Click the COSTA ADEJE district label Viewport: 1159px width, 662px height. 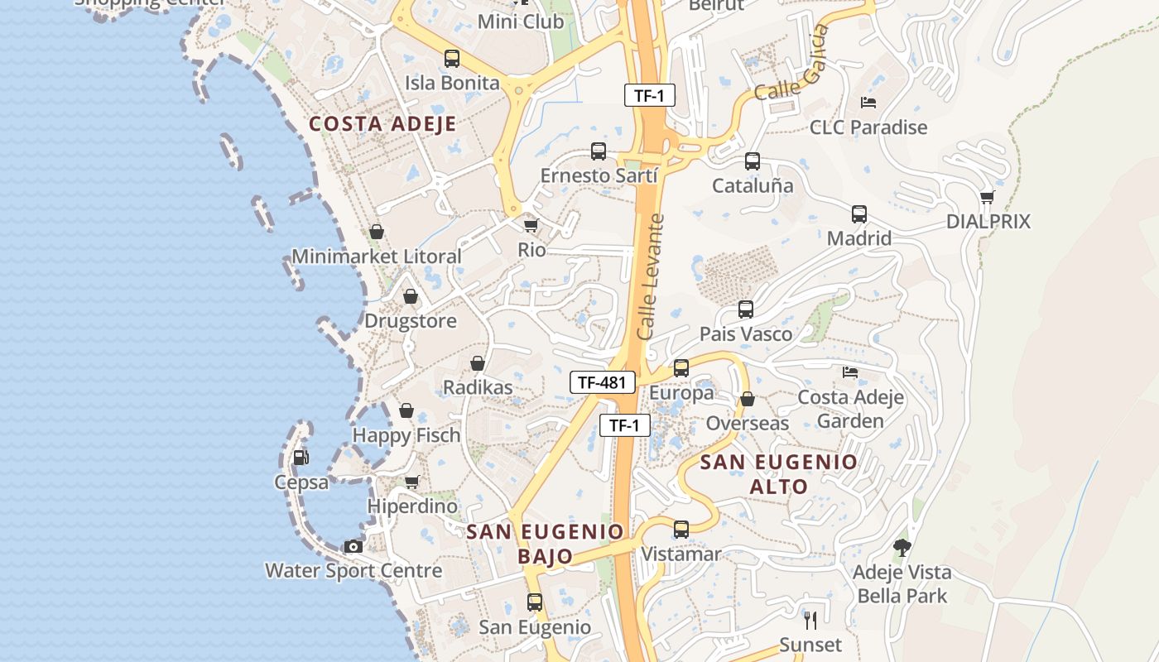tap(382, 124)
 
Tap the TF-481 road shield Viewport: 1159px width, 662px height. tap(602, 382)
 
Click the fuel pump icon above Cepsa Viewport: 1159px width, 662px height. tap(301, 458)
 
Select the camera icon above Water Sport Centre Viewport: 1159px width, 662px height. tap(353, 546)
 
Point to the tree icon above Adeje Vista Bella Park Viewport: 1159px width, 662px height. tap(902, 547)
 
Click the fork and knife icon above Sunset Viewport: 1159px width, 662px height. tap(810, 620)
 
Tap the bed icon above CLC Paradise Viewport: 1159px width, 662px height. tap(868, 103)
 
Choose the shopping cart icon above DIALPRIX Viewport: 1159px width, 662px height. tap(987, 197)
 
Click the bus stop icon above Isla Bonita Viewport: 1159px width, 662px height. tap(452, 59)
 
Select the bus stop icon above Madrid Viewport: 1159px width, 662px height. tap(859, 214)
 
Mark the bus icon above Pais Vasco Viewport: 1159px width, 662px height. tap(746, 309)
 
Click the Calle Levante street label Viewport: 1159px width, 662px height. tap(652, 276)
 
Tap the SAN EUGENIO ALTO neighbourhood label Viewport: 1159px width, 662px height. tap(779, 474)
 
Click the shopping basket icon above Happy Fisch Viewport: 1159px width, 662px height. tap(406, 410)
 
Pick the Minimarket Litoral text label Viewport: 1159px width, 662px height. tap(377, 257)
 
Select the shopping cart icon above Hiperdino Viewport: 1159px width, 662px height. tap(411, 482)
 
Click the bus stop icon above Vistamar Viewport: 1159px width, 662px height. tap(681, 529)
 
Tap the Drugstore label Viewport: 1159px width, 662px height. tap(411, 321)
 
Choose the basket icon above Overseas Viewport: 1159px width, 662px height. tap(748, 399)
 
